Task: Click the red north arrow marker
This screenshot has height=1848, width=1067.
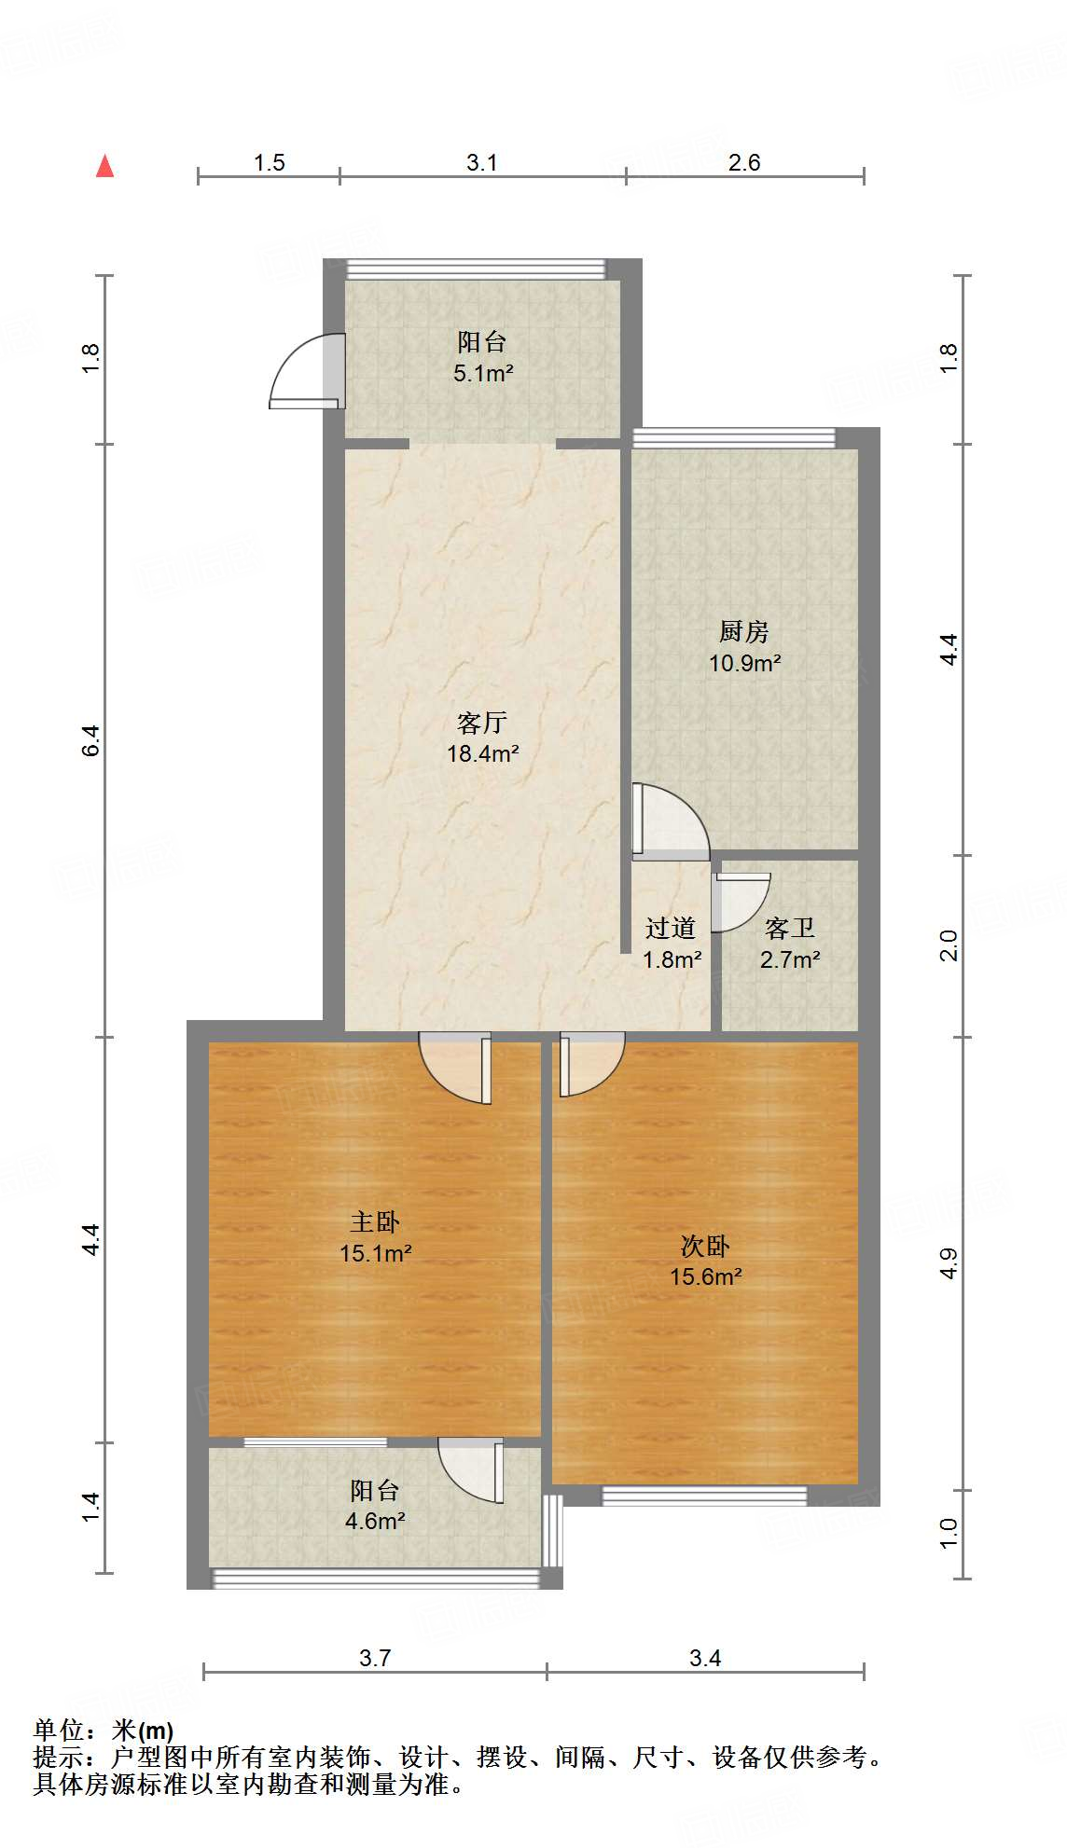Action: (x=105, y=167)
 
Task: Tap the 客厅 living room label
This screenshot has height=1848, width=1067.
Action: (x=482, y=723)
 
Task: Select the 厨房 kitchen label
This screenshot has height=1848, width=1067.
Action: (x=743, y=632)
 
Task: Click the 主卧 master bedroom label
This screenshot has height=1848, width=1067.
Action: (x=375, y=1221)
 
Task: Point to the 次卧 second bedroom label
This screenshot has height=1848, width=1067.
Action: (x=705, y=1246)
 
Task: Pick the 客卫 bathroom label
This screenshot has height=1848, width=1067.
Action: (x=790, y=928)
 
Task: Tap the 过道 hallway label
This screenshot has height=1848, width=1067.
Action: (x=671, y=928)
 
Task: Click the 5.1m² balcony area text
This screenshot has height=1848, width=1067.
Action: (x=483, y=374)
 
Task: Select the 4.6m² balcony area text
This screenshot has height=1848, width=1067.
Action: (x=375, y=1522)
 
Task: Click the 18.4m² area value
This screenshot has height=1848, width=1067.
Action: (x=482, y=753)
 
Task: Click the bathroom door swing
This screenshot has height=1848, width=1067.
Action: (x=740, y=901)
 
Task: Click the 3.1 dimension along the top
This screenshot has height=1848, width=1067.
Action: (x=482, y=163)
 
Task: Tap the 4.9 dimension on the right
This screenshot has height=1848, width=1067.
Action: (x=948, y=1262)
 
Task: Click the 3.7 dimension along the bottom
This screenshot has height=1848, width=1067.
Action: (x=375, y=1658)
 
